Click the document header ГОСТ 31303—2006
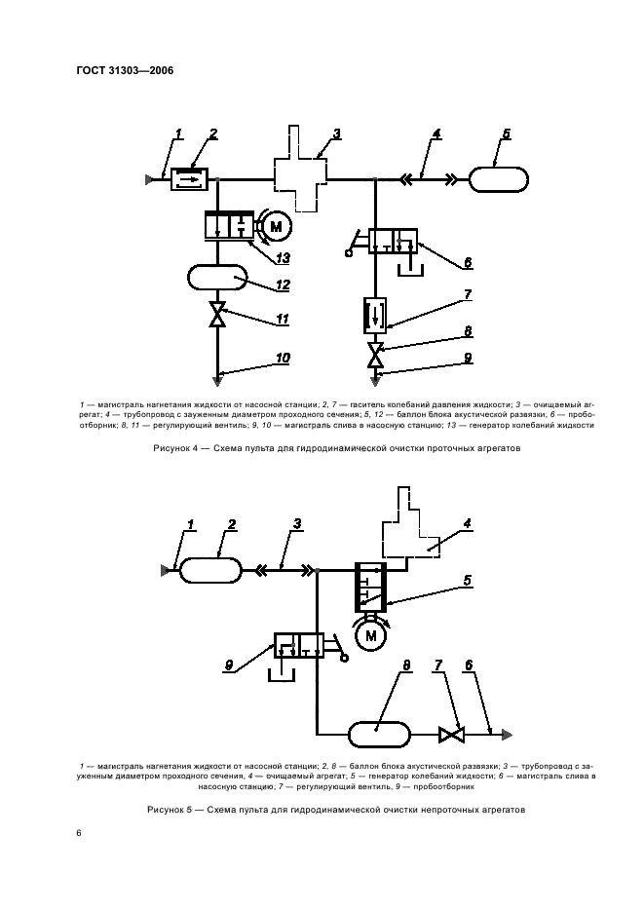pos(118,70)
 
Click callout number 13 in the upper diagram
pos(283,258)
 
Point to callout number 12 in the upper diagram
pos(283,285)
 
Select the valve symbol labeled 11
pos(218,316)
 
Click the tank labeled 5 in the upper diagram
pos(499,178)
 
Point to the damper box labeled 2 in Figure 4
pos(188,178)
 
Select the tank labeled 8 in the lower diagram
pos(379,733)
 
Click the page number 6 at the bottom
pos(79,833)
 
